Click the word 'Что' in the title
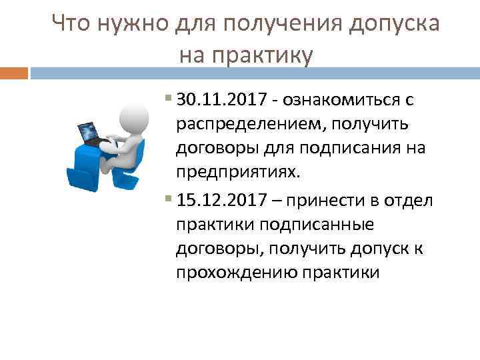[72, 25]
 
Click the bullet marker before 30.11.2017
[167, 101]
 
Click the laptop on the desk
[89, 131]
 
